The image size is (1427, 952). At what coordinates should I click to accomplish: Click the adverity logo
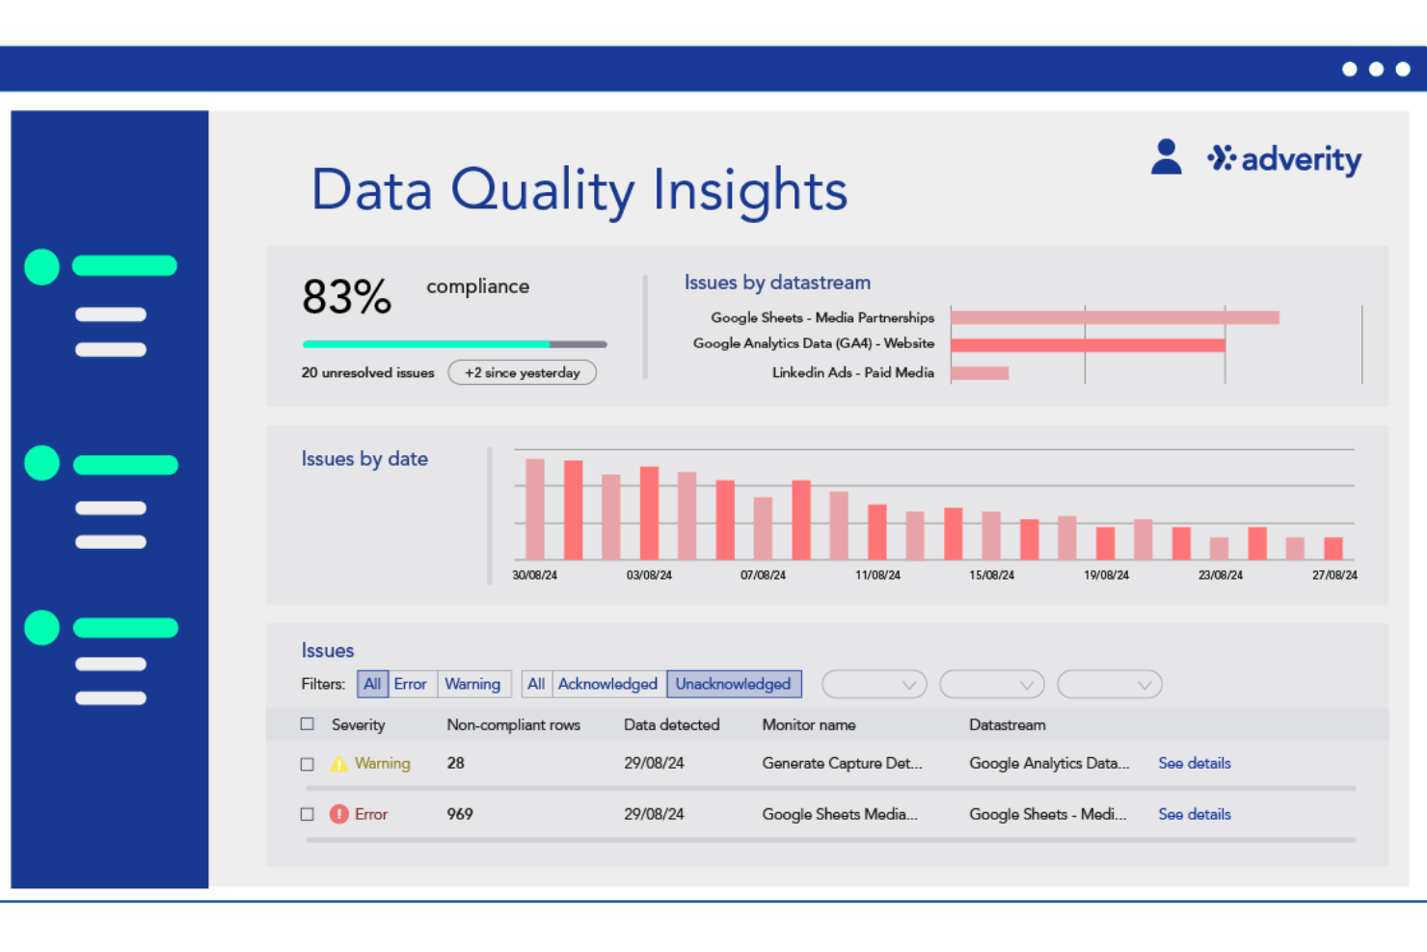1284,159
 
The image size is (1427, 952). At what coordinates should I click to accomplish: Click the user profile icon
1166,157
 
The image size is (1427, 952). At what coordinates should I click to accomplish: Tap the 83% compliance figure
346,296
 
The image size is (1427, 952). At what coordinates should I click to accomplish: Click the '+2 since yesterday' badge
522,373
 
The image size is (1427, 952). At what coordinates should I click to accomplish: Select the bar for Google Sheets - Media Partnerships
1114,317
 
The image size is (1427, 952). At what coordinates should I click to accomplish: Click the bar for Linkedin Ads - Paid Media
980,373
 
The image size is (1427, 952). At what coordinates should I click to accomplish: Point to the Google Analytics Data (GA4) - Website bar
1087,344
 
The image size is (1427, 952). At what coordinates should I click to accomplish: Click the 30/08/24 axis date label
534,575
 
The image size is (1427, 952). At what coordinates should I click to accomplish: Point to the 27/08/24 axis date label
1333,575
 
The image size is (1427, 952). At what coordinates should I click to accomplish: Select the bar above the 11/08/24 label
876,531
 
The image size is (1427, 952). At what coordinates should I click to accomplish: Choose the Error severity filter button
410,684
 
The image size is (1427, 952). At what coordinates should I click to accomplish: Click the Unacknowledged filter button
733,684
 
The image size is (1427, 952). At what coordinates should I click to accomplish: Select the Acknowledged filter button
607,684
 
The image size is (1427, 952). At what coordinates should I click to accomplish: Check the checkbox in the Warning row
308,764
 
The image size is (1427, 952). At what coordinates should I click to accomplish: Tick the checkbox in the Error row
308,814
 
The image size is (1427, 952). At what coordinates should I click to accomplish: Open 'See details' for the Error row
1194,814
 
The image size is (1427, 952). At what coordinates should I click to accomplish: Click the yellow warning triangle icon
339,764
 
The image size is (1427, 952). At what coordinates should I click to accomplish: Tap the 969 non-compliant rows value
460,814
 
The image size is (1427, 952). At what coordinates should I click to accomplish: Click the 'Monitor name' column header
808,724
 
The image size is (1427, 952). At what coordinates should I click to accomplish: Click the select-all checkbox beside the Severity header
308,724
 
